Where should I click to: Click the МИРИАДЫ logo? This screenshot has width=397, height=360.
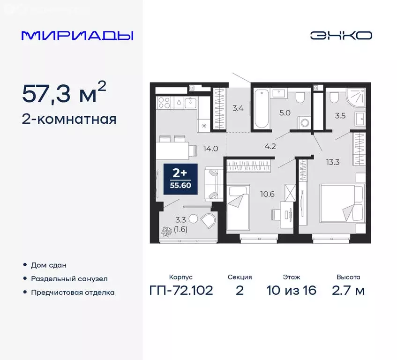tap(77, 36)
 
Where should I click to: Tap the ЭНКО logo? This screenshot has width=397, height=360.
tap(341, 36)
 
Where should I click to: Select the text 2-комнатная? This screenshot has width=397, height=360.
tap(69, 120)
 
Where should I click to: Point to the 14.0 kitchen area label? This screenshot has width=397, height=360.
tap(210, 149)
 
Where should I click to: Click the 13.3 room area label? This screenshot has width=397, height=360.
tap(334, 163)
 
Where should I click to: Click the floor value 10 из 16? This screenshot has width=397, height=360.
tap(292, 291)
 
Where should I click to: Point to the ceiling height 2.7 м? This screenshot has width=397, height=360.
tap(348, 291)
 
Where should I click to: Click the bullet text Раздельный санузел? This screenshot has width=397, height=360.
tap(69, 278)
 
